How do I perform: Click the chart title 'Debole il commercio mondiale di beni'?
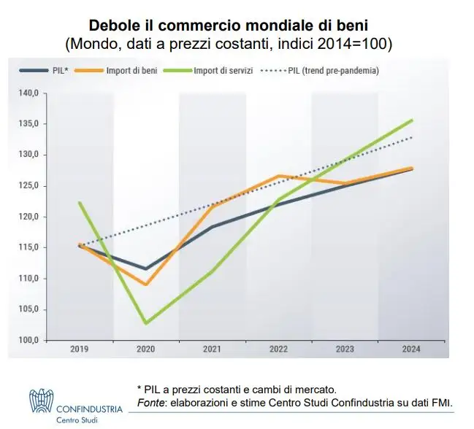tap(233, 26)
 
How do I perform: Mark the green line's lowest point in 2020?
tap(146, 323)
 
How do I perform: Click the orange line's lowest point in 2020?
tap(146, 285)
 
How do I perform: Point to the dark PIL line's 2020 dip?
tap(146, 268)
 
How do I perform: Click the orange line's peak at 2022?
tap(279, 176)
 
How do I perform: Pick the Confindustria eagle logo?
tap(41, 401)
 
